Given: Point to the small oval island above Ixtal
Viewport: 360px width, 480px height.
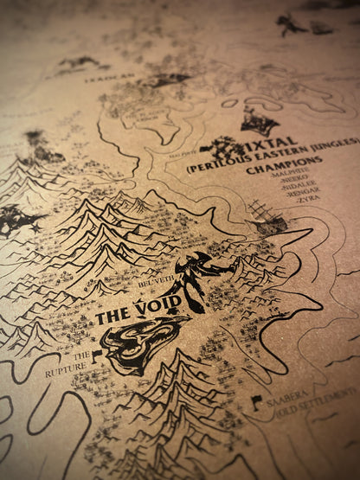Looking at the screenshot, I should coord(228,103).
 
